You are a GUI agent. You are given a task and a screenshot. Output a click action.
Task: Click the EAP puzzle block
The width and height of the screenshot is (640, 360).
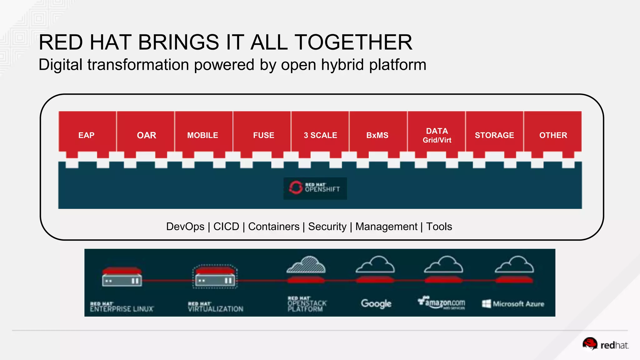tap(87, 135)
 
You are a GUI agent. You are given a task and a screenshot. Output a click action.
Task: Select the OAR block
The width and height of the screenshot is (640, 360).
tap(146, 135)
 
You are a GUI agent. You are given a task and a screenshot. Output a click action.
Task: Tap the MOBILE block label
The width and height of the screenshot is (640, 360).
tap(202, 135)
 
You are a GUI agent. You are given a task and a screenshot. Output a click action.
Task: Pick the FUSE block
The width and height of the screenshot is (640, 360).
tap(263, 135)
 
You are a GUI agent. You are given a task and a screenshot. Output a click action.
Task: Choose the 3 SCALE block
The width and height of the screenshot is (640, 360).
tap(320, 135)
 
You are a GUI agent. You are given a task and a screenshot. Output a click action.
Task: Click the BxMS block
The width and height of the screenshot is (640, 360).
tap(377, 135)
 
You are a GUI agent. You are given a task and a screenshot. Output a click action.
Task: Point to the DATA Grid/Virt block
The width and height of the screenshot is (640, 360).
tap(437, 135)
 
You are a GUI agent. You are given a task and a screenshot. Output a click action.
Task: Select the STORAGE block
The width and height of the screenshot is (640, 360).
tap(494, 135)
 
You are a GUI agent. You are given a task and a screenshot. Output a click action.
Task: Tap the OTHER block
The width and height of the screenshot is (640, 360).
tap(553, 135)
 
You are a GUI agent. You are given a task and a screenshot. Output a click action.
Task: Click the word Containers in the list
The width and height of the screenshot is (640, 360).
tap(274, 227)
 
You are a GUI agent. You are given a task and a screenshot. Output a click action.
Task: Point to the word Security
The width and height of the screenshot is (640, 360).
tap(327, 227)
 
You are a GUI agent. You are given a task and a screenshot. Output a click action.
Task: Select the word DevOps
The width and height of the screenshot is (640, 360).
tap(185, 227)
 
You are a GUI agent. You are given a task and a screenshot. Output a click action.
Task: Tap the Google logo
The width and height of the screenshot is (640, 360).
tap(376, 303)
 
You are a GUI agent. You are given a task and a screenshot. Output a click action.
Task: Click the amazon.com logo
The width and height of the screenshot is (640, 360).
tap(442, 302)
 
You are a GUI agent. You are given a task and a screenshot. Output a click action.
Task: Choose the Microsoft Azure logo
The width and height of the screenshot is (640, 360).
tap(513, 304)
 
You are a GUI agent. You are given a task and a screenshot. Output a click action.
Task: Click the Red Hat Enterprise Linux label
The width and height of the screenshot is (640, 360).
tap(122, 307)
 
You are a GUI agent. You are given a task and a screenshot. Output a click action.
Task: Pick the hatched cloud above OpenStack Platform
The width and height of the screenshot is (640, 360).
tap(306, 265)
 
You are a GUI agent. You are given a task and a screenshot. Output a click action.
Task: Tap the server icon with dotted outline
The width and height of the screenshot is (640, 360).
tap(215, 277)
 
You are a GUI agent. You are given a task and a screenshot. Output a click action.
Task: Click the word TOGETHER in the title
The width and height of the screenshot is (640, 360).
tap(353, 42)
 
